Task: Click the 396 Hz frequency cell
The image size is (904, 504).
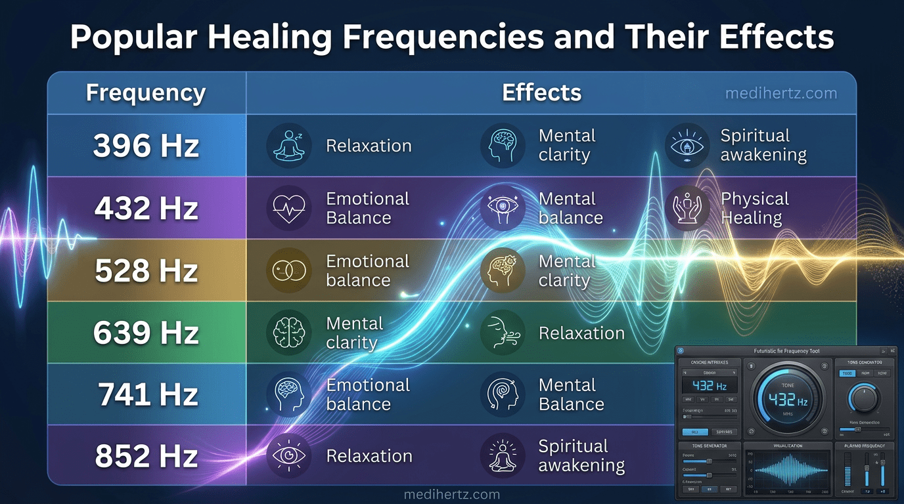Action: click(146, 146)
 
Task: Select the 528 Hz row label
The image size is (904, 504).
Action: click(146, 270)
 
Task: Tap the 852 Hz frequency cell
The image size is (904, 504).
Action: click(146, 456)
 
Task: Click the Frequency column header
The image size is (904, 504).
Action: click(146, 93)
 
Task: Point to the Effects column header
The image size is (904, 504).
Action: click(541, 93)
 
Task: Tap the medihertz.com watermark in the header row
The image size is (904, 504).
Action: click(780, 93)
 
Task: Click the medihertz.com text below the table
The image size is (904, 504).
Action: click(451, 495)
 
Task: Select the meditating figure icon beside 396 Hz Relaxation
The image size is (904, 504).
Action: click(288, 145)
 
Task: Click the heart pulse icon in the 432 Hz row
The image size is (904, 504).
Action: click(288, 208)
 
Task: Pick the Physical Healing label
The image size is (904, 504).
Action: click(754, 208)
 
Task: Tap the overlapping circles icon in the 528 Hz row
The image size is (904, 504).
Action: click(288, 270)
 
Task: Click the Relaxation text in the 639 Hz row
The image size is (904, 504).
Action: click(581, 333)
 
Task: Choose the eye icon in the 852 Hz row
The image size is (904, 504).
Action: click(288, 455)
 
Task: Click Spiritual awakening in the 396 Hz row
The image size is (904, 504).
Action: click(763, 145)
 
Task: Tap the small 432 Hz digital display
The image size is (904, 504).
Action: click(709, 385)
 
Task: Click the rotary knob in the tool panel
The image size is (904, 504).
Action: click(863, 398)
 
